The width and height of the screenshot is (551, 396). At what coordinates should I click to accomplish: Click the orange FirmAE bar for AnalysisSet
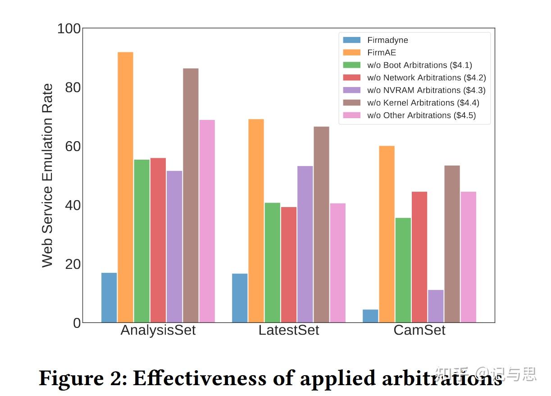125,187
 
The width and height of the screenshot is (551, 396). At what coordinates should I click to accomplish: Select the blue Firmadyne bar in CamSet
370,316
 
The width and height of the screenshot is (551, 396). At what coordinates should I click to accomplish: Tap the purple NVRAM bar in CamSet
436,306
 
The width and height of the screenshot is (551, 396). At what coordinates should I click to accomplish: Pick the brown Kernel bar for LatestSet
321,224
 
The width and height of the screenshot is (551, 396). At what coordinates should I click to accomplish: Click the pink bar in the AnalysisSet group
207,221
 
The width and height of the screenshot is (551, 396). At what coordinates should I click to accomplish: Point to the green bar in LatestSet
272,262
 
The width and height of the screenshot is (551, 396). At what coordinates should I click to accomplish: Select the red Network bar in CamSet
419,257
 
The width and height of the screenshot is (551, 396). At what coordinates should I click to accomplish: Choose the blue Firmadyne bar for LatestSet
240,298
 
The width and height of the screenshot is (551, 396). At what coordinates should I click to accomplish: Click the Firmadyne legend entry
387,40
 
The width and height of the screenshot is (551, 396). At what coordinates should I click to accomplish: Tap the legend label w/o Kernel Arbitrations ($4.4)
423,103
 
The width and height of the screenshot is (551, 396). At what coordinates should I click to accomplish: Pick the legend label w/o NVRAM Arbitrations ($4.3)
426,90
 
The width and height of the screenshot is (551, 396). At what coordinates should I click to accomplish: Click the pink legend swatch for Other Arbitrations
351,115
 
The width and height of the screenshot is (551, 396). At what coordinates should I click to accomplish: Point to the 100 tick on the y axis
69,29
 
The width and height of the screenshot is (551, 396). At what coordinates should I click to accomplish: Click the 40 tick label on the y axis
73,205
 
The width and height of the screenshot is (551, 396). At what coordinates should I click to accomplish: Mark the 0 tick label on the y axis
77,323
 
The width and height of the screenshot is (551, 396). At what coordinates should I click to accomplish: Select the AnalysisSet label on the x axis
158,330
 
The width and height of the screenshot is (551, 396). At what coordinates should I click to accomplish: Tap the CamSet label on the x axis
419,330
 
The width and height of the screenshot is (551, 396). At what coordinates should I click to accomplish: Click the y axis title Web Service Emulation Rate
47,175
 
